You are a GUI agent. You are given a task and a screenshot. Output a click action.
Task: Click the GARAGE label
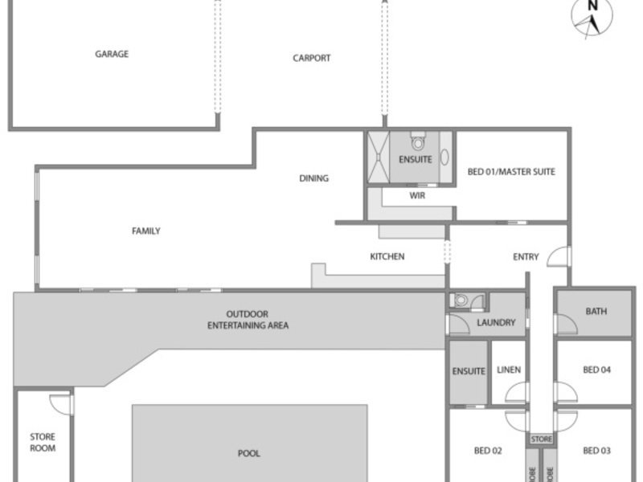[x=112, y=54]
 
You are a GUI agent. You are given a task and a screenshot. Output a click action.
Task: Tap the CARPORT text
[x=312, y=58]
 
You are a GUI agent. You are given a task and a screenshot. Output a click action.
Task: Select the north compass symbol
[x=592, y=16]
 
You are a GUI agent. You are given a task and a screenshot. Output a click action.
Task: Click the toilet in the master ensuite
[x=418, y=141]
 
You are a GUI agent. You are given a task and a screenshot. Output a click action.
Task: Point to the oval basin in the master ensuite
[x=444, y=157]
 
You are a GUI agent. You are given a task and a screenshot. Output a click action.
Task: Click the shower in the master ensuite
[x=378, y=157]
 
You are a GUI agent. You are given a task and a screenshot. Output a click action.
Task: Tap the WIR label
[x=417, y=196]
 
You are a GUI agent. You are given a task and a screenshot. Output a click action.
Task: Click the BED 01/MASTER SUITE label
[x=511, y=172]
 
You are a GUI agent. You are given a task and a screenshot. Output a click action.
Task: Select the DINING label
[x=313, y=178]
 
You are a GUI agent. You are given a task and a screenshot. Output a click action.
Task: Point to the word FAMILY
[x=146, y=231]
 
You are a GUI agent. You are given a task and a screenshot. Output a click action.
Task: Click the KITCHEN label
[x=387, y=256]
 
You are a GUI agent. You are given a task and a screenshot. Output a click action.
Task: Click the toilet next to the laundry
[x=461, y=300]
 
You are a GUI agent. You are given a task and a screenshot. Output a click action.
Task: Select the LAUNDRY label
[x=496, y=323]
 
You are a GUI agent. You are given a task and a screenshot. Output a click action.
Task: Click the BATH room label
[x=596, y=312]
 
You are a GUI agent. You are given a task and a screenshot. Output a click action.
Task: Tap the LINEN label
[x=509, y=370]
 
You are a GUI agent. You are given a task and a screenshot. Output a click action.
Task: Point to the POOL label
[x=249, y=453]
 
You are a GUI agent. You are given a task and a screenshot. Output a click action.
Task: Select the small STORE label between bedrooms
[x=541, y=439]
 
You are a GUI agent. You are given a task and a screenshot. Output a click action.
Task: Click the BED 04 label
[x=596, y=370]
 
